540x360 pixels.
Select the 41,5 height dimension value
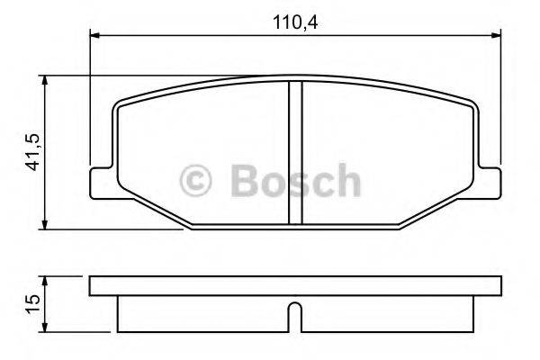(32, 154)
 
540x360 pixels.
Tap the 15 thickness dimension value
(32, 303)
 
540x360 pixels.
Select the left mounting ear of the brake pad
(101, 181)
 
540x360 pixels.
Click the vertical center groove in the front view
(293, 153)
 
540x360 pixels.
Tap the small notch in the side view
(293, 315)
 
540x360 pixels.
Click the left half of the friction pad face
(198, 135)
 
